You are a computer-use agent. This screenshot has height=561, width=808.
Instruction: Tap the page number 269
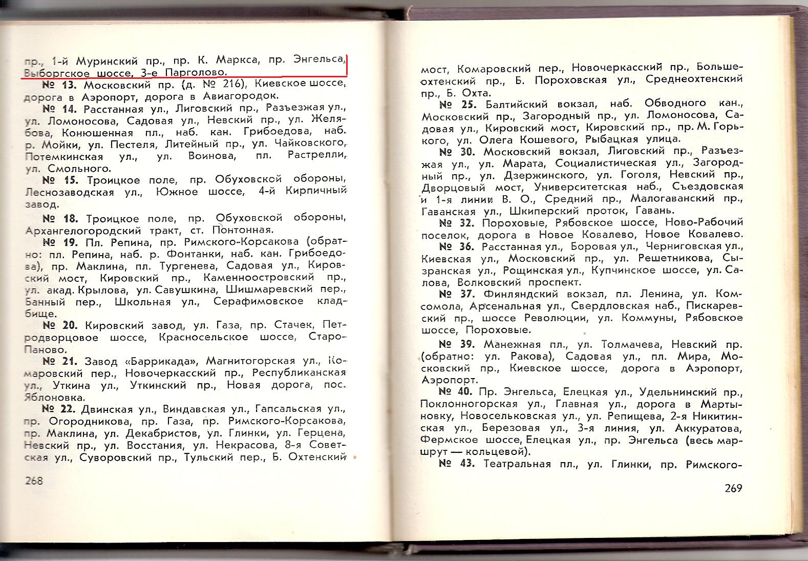(733, 488)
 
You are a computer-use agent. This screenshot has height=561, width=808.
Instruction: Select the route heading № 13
(59, 84)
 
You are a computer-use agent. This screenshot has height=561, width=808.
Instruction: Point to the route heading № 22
(59, 409)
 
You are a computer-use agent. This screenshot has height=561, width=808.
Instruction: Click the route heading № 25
(457, 104)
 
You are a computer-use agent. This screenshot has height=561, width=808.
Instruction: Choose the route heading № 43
(457, 464)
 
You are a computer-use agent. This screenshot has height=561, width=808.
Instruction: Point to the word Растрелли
(316, 156)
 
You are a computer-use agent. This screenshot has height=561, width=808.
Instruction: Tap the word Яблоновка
(55, 397)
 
